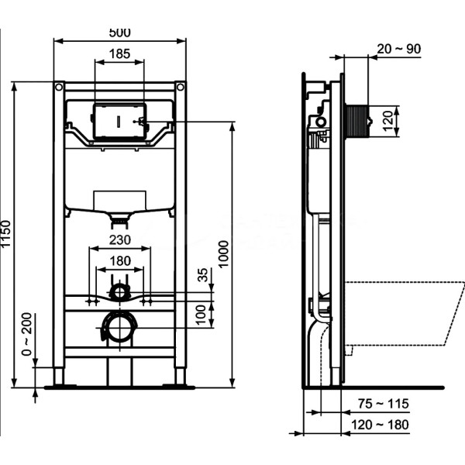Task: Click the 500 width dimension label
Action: [119, 33]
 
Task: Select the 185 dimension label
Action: [119, 53]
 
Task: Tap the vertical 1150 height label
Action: [6, 233]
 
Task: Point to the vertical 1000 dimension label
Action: [224, 254]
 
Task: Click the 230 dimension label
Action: [120, 240]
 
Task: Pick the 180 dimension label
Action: [120, 261]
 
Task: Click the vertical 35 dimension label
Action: [203, 275]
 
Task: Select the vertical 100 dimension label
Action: [201, 315]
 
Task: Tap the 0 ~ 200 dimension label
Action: [26, 334]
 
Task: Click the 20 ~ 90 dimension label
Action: [399, 49]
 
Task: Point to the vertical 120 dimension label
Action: [387, 121]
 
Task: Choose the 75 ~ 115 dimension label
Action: [384, 404]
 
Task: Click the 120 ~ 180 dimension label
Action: [381, 425]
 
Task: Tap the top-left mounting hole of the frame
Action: [59, 87]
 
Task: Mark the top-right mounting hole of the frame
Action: [181, 87]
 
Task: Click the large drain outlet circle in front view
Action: [120, 327]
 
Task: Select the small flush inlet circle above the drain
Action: [120, 292]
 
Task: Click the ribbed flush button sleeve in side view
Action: [356, 121]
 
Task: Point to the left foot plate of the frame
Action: [60, 387]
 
